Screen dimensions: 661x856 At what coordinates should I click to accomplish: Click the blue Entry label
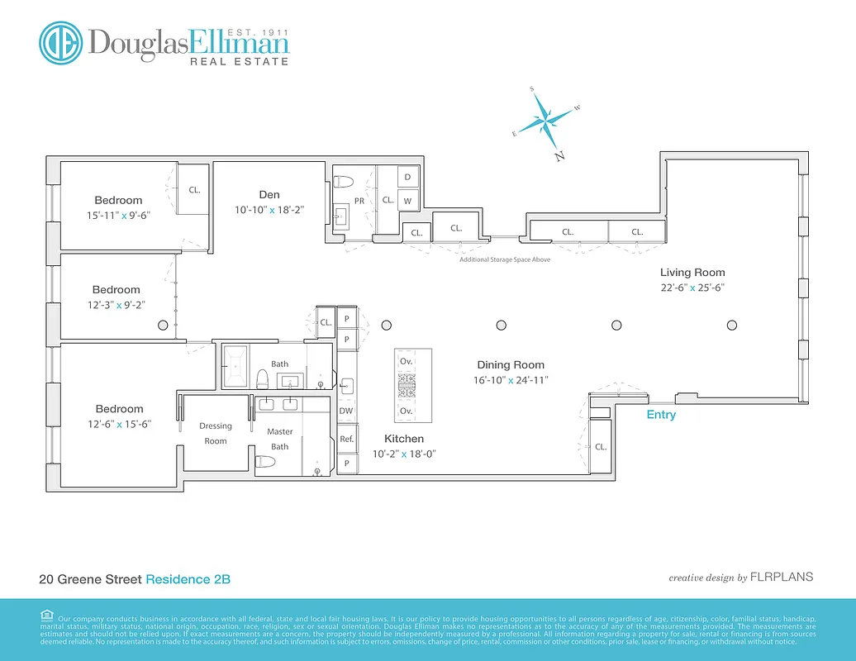pos(661,415)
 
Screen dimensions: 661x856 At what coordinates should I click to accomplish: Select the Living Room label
pos(692,273)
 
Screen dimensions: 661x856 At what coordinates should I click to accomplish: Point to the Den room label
pos(269,195)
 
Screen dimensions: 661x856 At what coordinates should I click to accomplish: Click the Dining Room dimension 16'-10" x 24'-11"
pos(511,380)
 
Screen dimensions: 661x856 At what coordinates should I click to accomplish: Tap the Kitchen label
pos(404,439)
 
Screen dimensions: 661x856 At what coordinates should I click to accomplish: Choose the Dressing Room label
pos(216,433)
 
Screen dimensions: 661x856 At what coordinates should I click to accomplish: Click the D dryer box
pos(407,178)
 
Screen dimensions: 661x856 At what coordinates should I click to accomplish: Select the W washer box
pos(407,200)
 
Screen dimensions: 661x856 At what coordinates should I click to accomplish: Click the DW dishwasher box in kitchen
pos(346,411)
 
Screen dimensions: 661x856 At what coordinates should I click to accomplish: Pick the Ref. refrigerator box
pos(346,440)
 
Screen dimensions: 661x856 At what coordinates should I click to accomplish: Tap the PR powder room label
pos(359,200)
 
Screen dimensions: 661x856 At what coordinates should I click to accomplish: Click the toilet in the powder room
pos(345,181)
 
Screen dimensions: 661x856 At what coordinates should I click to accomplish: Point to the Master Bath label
pos(280,439)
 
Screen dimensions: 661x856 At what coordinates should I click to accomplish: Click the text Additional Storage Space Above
pos(505,259)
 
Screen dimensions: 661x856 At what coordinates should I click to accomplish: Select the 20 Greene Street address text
pos(90,579)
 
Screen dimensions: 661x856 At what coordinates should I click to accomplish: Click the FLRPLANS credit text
pos(782,577)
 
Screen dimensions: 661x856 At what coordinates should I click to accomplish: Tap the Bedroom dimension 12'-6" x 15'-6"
pos(119,424)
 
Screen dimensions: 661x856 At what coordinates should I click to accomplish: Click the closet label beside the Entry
pos(601,446)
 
